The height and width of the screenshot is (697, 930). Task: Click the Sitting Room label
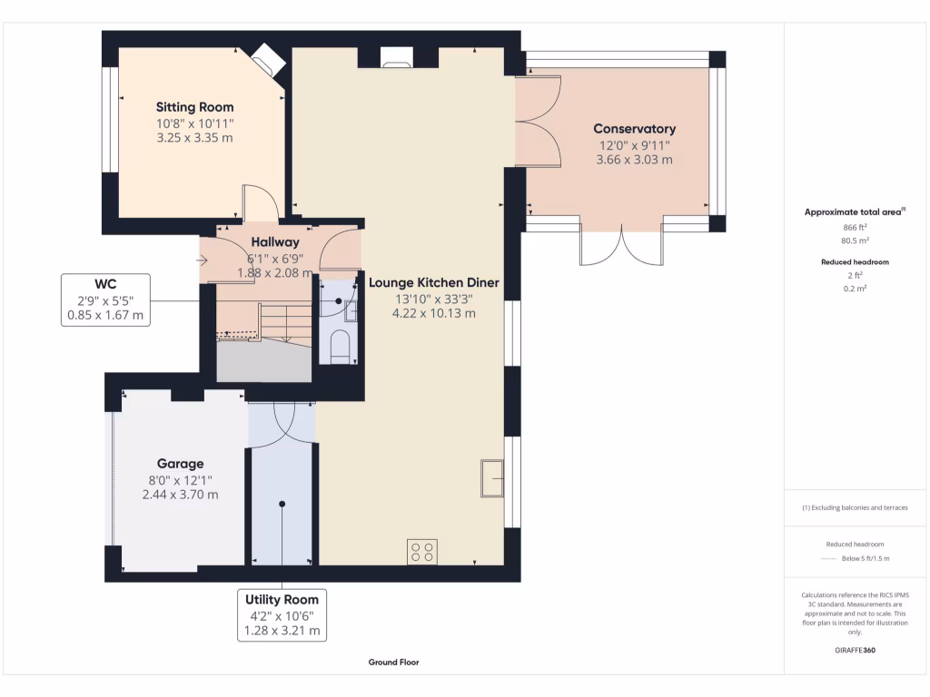pyautogui.click(x=194, y=107)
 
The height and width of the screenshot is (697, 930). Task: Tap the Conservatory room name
pyautogui.click(x=634, y=129)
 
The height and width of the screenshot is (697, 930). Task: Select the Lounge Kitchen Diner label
pyautogui.click(x=433, y=282)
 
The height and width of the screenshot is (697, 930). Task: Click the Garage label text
pyautogui.click(x=180, y=463)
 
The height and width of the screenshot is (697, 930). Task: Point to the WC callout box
pyautogui.click(x=105, y=299)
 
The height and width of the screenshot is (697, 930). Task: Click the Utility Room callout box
pyautogui.click(x=282, y=615)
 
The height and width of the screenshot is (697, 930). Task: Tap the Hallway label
pyautogui.click(x=275, y=242)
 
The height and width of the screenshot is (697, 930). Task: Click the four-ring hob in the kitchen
pyautogui.click(x=422, y=552)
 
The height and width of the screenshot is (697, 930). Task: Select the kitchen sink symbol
pyautogui.click(x=493, y=478)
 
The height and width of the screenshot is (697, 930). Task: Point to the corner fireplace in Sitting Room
pyautogui.click(x=268, y=60)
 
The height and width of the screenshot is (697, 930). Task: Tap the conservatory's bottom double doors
pyautogui.click(x=621, y=243)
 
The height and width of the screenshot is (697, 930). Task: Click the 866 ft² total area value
pyautogui.click(x=856, y=227)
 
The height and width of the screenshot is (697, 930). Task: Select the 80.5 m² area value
pyautogui.click(x=856, y=241)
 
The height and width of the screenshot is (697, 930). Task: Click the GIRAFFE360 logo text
pyautogui.click(x=855, y=650)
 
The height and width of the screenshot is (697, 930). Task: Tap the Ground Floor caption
pyautogui.click(x=393, y=663)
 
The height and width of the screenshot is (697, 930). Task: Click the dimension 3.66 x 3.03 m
pyautogui.click(x=634, y=160)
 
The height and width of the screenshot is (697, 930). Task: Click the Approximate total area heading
pyautogui.click(x=855, y=211)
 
